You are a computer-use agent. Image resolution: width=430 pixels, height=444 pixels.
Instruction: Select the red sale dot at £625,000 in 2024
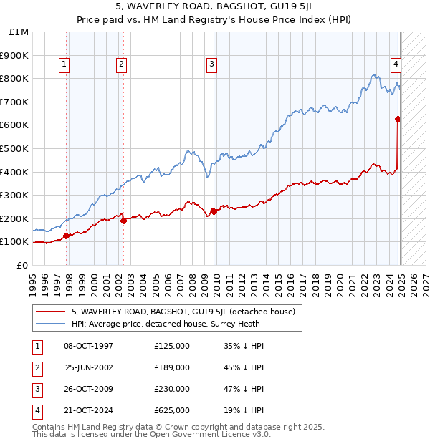[398, 120]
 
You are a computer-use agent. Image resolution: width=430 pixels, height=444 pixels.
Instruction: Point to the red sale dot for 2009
[214, 211]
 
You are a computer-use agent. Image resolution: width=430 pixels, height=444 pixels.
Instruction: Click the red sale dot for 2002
[123, 221]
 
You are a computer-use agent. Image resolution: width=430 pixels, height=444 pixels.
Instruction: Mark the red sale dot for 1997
[66, 236]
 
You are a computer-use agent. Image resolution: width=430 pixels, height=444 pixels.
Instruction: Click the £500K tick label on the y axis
[14, 148]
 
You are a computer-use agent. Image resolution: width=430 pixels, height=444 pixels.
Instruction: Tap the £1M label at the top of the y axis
[19, 32]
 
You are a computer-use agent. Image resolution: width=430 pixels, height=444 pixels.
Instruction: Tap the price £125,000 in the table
[172, 346]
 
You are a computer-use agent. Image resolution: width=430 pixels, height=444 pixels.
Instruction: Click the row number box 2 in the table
[36, 367]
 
